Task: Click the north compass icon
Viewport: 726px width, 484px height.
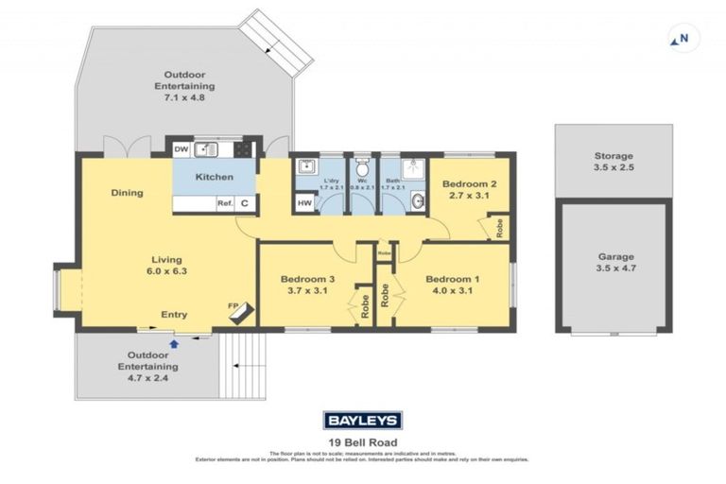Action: tap(679, 40)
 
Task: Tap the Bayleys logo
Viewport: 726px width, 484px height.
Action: tap(363, 421)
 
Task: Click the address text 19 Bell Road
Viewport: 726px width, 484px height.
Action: tap(363, 441)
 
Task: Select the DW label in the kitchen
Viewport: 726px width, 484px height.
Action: tap(181, 148)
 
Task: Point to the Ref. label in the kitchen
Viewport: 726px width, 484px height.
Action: tap(225, 202)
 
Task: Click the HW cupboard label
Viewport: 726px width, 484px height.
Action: tap(303, 202)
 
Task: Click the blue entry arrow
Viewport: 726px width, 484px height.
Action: tap(173, 331)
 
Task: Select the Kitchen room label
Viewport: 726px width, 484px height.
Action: tap(214, 177)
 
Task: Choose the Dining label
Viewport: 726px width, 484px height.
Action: tap(127, 193)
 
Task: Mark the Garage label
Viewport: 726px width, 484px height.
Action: tap(615, 256)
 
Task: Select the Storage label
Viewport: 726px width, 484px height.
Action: tap(614, 156)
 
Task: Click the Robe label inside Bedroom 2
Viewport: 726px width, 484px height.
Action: tap(497, 228)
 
